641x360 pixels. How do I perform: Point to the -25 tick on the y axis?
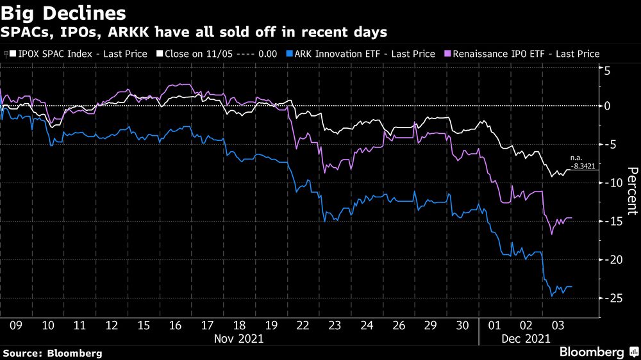point(614,299)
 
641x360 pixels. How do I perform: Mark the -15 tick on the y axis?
point(614,222)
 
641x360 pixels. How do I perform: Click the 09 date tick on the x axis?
point(16,325)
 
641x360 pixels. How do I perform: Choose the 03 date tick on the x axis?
point(558,325)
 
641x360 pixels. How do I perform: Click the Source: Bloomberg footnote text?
point(53,353)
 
